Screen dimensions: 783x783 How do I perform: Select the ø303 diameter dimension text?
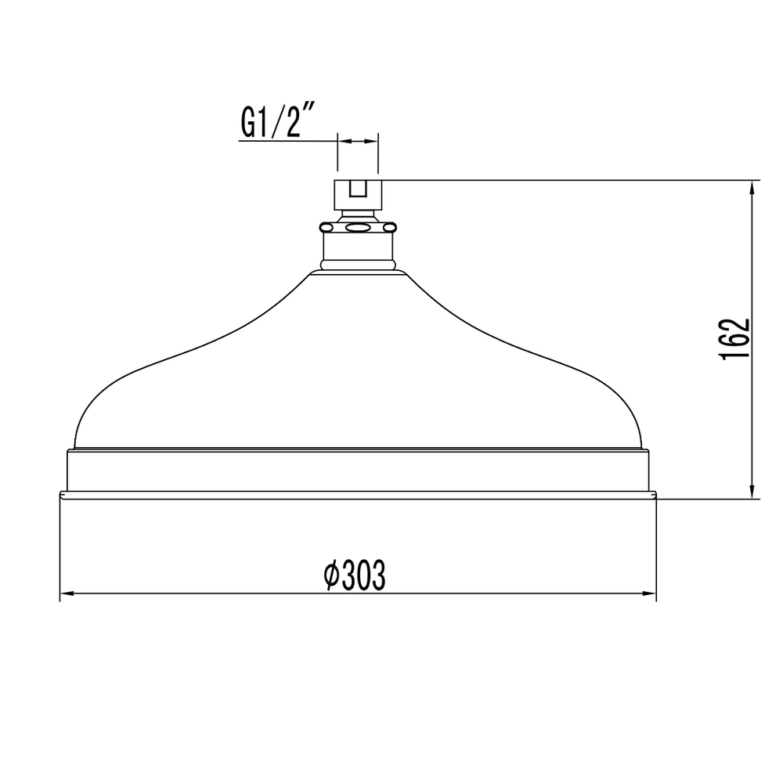coord(355,576)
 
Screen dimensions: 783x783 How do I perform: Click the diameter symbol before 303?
coord(331,576)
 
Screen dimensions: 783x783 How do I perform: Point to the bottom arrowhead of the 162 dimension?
coord(752,493)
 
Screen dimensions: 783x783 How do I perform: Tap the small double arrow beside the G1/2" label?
coord(357,142)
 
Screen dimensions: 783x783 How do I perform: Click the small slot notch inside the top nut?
coord(358,189)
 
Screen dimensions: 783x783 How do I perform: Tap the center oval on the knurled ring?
coord(358,228)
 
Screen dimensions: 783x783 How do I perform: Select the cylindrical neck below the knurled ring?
coord(358,251)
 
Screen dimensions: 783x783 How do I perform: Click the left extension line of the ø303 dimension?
coord(60,548)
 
